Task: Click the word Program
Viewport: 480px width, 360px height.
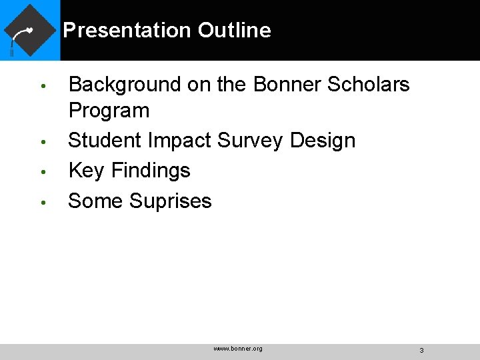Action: (109, 111)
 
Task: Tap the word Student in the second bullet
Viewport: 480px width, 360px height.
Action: (105, 141)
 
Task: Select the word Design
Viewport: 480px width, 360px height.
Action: (323, 141)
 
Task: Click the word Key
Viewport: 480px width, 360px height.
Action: (87, 171)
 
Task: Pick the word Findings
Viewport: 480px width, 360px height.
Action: (151, 171)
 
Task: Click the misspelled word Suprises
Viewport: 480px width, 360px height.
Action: (171, 201)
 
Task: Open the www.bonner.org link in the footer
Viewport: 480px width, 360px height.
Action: (238, 349)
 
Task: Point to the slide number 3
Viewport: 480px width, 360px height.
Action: (421, 350)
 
